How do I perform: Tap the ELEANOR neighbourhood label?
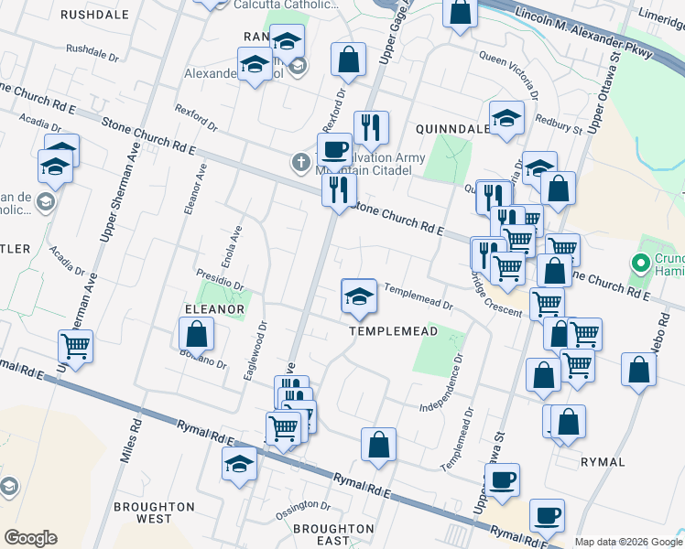pyautogui.click(x=213, y=309)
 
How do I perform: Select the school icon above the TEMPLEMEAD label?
pyautogui.click(x=359, y=296)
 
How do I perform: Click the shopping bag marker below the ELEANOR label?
pyautogui.click(x=197, y=336)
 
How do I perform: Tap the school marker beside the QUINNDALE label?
pyautogui.click(x=506, y=118)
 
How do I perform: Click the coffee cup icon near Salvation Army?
pyautogui.click(x=334, y=148)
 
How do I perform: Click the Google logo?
pyautogui.click(x=30, y=538)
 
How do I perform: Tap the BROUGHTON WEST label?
pyautogui.click(x=154, y=512)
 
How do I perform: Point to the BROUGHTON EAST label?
pyautogui.click(x=333, y=535)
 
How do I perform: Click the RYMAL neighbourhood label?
pyautogui.click(x=603, y=462)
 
